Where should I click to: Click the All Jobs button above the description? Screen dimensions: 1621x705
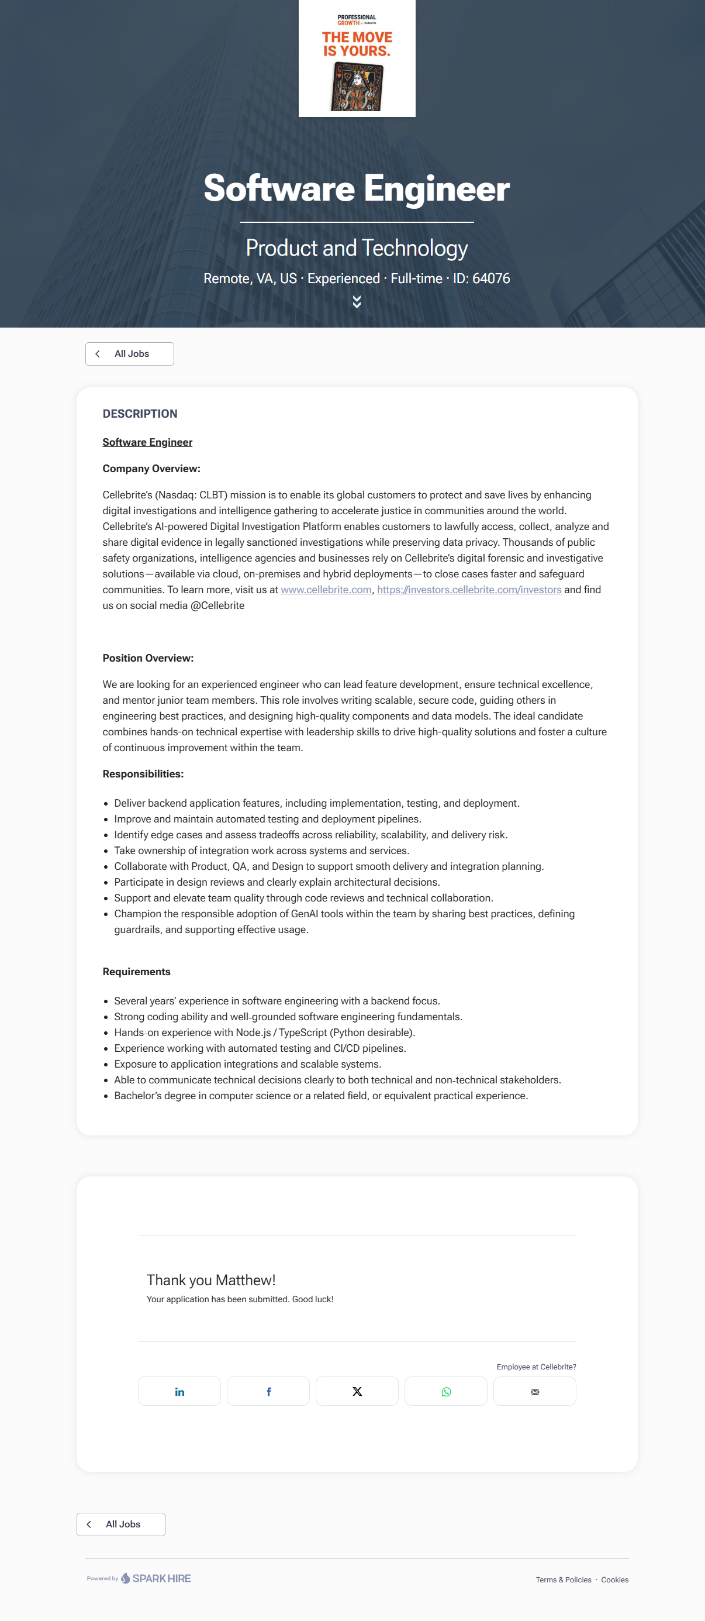pos(130,354)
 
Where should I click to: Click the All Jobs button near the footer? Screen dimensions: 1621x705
pos(121,1523)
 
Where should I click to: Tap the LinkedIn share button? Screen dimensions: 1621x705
pos(179,1391)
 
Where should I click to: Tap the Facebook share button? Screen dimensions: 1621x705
pos(268,1391)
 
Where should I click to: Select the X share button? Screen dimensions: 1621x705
pos(357,1391)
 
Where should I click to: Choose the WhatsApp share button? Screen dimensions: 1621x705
pos(446,1391)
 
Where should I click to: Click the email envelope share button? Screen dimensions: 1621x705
pos(534,1391)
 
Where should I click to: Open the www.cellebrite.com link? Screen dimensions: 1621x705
pos(326,590)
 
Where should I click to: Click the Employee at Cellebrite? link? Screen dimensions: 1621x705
pos(536,1366)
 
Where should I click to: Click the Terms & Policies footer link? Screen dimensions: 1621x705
pos(563,1579)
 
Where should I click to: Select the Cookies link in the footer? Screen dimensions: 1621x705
pos(614,1579)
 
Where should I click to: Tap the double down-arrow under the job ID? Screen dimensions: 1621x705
pos(357,302)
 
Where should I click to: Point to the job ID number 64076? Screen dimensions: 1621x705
pos(490,278)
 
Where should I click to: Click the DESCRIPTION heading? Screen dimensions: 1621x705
pos(140,414)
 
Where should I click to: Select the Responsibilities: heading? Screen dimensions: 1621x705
pos(143,773)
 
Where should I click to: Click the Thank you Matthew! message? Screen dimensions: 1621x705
pos(210,1280)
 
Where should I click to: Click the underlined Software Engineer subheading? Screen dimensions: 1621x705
pos(147,442)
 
